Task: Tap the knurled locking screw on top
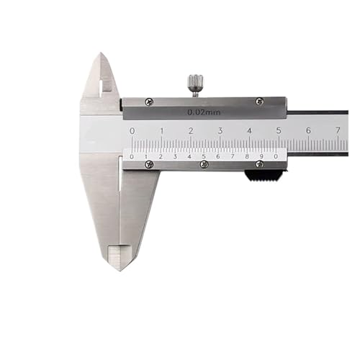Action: pyautogui.click(x=194, y=84)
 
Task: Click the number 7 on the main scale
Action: pyautogui.click(x=338, y=130)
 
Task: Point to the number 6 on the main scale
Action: pyautogui.click(x=308, y=130)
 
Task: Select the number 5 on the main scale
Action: pyautogui.click(x=279, y=130)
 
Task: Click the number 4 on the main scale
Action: pyautogui.click(x=249, y=130)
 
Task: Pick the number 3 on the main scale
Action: pyautogui.click(x=220, y=130)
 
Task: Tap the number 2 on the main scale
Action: pyautogui.click(x=191, y=130)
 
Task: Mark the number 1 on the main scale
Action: pyautogui.click(x=161, y=130)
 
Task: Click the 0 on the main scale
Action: pyautogui.click(x=132, y=130)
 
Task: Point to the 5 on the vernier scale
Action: pyautogui.click(x=204, y=156)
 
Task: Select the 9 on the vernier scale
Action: pyautogui.click(x=261, y=156)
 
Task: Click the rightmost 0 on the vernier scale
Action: pyautogui.click(x=276, y=156)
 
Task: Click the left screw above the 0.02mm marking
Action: pyautogui.click(x=148, y=102)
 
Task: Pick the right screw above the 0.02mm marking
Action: pyautogui.click(x=259, y=102)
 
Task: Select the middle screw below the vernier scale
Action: pyautogui.click(x=204, y=165)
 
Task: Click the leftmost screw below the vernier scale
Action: pyautogui.click(x=149, y=165)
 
